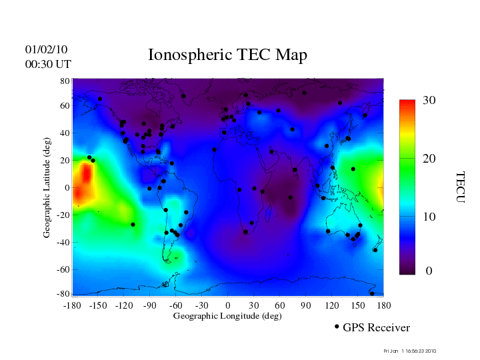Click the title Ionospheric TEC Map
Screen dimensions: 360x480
227,55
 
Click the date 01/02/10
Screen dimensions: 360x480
46,49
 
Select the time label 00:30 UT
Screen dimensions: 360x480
48,64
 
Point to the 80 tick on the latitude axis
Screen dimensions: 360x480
65,81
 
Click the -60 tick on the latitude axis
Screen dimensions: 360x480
64,269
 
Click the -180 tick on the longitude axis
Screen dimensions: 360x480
72,305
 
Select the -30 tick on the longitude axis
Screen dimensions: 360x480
201,305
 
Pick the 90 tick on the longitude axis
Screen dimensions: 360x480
306,305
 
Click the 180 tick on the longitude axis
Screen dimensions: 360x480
383,305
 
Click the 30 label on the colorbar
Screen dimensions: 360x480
429,101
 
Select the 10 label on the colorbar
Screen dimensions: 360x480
429,217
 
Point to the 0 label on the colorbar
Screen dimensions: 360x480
429,271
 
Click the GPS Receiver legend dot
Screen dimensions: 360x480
337,327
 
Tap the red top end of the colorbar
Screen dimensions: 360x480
407,103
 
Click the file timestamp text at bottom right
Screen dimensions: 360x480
410,351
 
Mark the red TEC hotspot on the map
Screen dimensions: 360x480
83,183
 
